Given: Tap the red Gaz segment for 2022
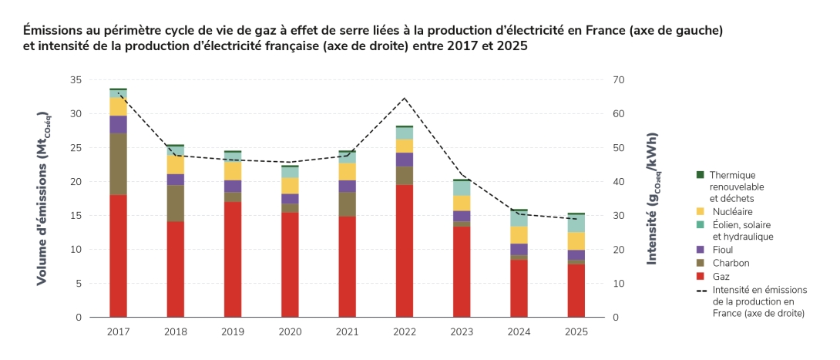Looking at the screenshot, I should tap(405, 251).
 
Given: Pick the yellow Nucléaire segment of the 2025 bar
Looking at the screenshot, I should tap(576, 241).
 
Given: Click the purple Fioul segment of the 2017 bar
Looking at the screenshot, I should tap(118, 124).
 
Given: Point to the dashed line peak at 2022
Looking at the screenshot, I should tap(405, 98).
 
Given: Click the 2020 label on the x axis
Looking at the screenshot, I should tap(290, 331).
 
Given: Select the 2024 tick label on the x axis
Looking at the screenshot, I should tap(519, 331).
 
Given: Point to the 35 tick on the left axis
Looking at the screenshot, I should tap(75, 80).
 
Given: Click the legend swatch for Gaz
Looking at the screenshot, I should tap(700, 276).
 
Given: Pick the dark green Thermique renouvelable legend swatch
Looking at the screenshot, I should tap(700, 175).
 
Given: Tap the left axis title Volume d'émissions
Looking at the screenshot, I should tap(43, 198).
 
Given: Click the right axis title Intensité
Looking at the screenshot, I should tap(653, 198).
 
